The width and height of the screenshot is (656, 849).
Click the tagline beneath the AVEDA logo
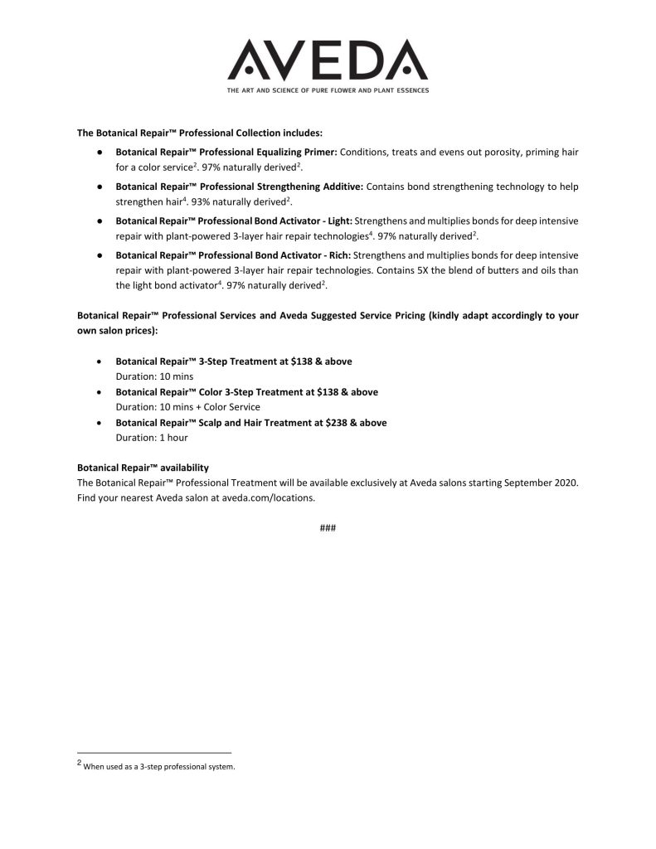328,90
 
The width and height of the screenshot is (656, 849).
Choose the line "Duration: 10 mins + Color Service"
187,407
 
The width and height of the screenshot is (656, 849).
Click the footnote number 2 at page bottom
79,762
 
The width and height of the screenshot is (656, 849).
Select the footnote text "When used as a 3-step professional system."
160,767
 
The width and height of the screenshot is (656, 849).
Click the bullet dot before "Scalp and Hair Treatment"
100,423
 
